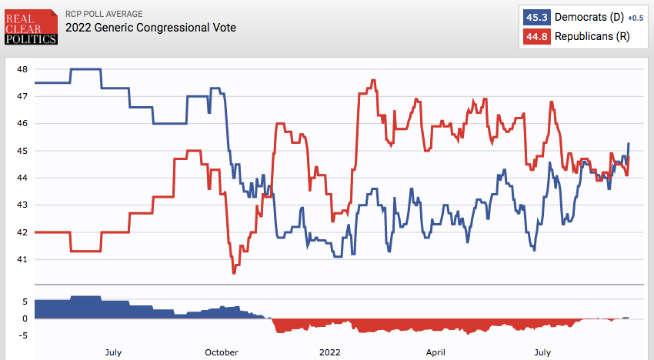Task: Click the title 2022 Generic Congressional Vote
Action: point(151,28)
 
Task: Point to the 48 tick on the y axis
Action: point(22,69)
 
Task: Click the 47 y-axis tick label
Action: point(22,96)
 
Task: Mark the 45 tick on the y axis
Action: point(22,151)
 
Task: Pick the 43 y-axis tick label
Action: point(22,205)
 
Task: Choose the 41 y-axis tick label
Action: point(22,259)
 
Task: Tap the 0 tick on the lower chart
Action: point(26,318)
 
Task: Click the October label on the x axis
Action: point(222,352)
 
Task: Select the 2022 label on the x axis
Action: point(329,352)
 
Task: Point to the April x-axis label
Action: point(436,352)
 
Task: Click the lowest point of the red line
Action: point(234,272)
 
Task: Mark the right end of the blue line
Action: point(629,143)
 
